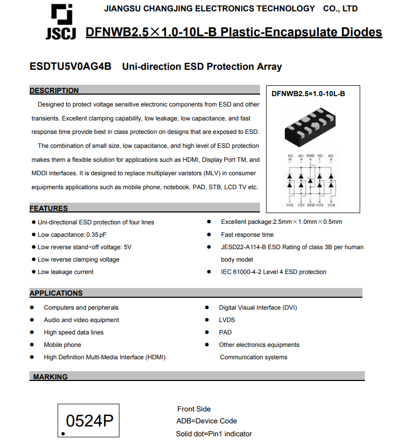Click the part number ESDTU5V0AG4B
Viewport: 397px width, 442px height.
tap(70, 67)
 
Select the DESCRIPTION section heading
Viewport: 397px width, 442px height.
tap(54, 90)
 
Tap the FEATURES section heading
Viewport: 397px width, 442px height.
tap(49, 208)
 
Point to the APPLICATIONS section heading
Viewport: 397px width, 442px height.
tap(56, 293)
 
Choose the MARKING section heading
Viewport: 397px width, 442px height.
tap(50, 377)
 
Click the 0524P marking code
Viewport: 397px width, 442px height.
tap(89, 421)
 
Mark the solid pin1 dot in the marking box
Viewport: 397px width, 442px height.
tap(63, 434)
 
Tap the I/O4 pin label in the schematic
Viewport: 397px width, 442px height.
tap(331, 205)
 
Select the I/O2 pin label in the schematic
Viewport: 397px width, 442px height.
tap(289, 205)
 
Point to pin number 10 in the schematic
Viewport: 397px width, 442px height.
tap(289, 159)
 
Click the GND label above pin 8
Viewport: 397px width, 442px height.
tap(310, 156)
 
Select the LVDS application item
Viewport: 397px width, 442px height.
tap(226, 320)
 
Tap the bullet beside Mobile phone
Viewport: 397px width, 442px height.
tap(32, 345)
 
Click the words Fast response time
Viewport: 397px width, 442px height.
tap(247, 235)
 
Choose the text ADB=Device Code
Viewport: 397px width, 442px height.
tap(207, 421)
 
